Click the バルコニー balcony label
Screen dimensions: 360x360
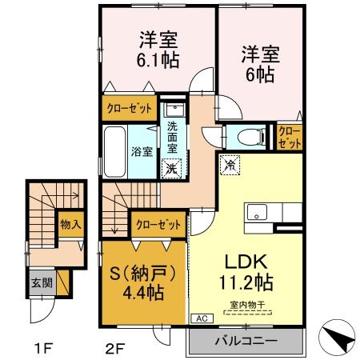point(246,342)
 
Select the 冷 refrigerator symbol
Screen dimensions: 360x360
point(229,166)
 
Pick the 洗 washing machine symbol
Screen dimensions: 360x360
point(170,168)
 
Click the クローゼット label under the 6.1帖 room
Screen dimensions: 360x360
point(128,106)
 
